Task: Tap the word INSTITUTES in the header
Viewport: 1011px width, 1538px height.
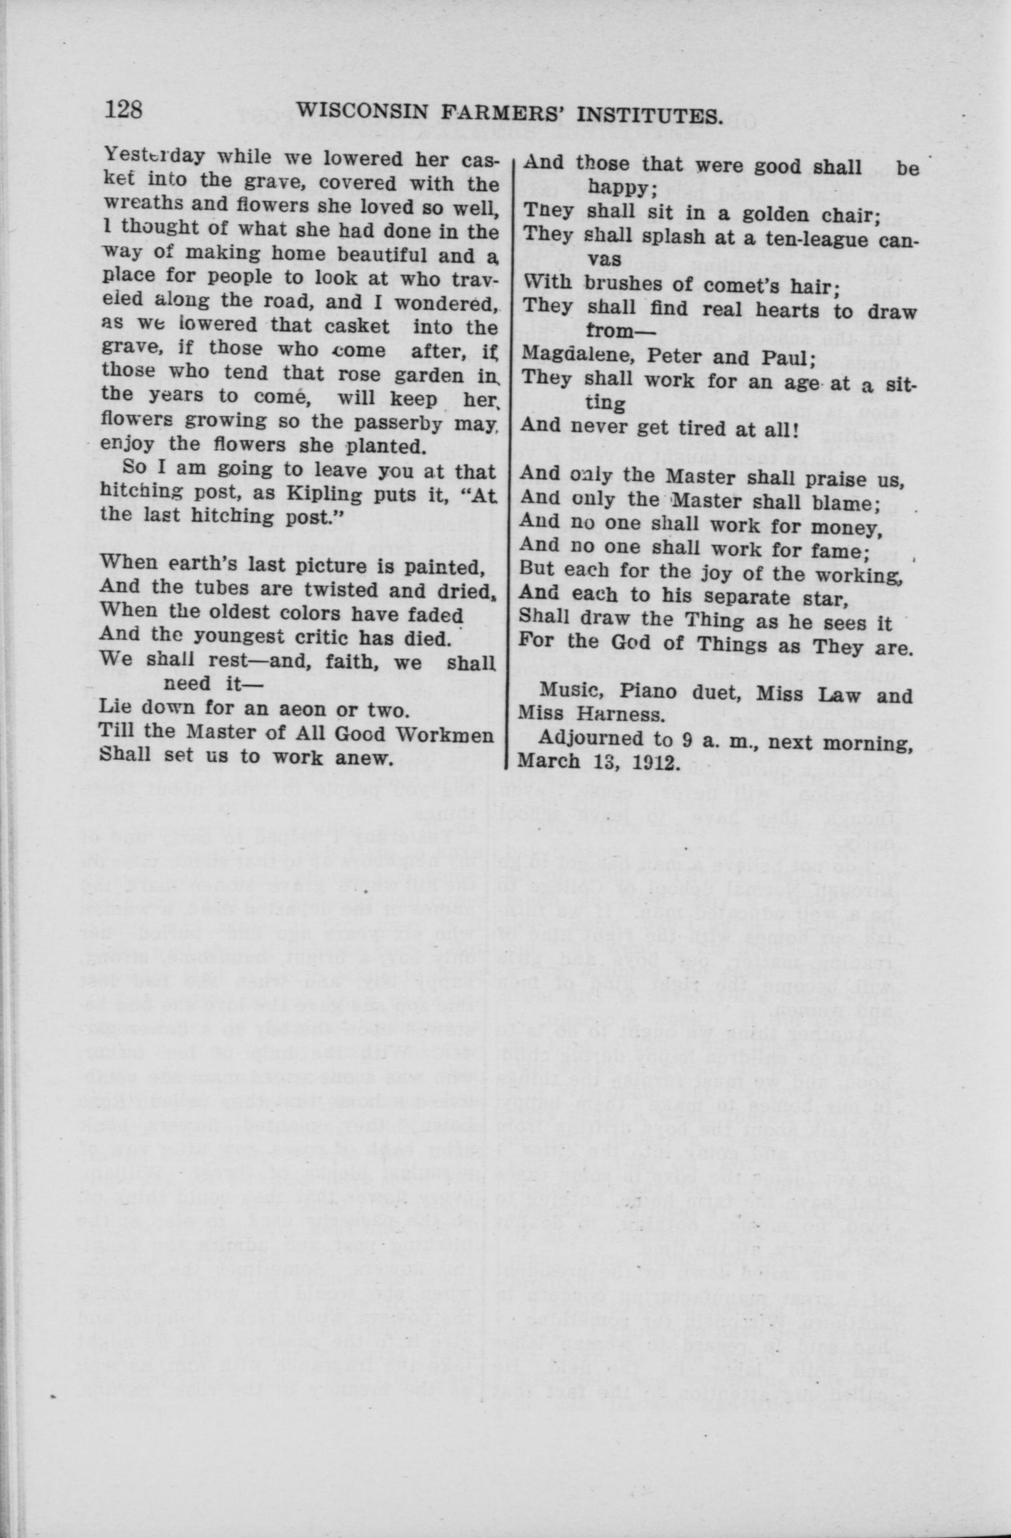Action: click(x=648, y=115)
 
